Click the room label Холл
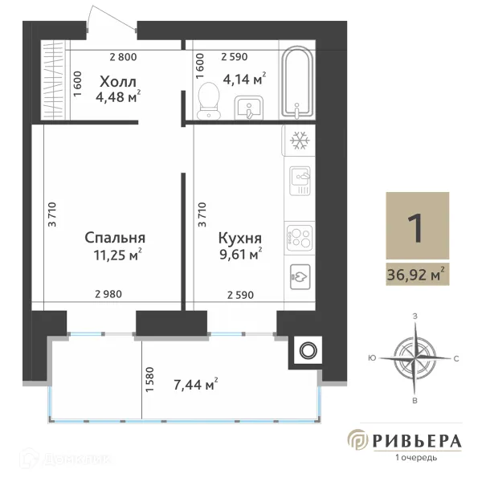(x=118, y=81)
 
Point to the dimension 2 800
(x=123, y=56)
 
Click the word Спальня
(x=116, y=238)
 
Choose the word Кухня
(x=240, y=238)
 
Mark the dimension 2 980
(x=108, y=295)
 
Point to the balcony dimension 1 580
(x=150, y=381)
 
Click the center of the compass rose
(x=415, y=357)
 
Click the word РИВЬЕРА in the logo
(x=416, y=441)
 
